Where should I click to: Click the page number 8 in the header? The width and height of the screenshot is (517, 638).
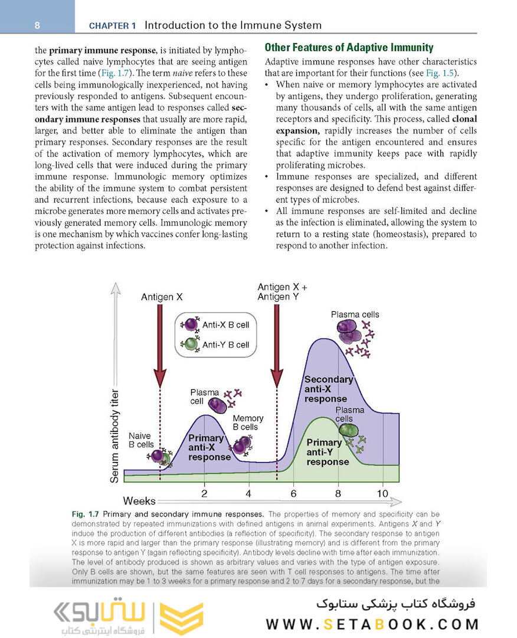click(37, 25)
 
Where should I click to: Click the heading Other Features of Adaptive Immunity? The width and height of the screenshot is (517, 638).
click(349, 48)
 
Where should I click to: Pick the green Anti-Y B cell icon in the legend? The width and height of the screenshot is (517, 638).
click(191, 344)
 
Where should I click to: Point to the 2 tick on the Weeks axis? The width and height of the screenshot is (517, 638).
click(204, 494)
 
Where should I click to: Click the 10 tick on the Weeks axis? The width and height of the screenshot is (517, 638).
click(382, 494)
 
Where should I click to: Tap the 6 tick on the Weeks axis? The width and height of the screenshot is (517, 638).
click(293, 494)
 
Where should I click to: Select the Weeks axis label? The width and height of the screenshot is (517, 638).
click(139, 502)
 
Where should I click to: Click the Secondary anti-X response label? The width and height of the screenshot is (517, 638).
click(328, 389)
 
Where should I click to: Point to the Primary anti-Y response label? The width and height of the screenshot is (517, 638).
click(327, 452)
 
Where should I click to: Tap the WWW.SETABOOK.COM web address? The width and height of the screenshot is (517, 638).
click(372, 624)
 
